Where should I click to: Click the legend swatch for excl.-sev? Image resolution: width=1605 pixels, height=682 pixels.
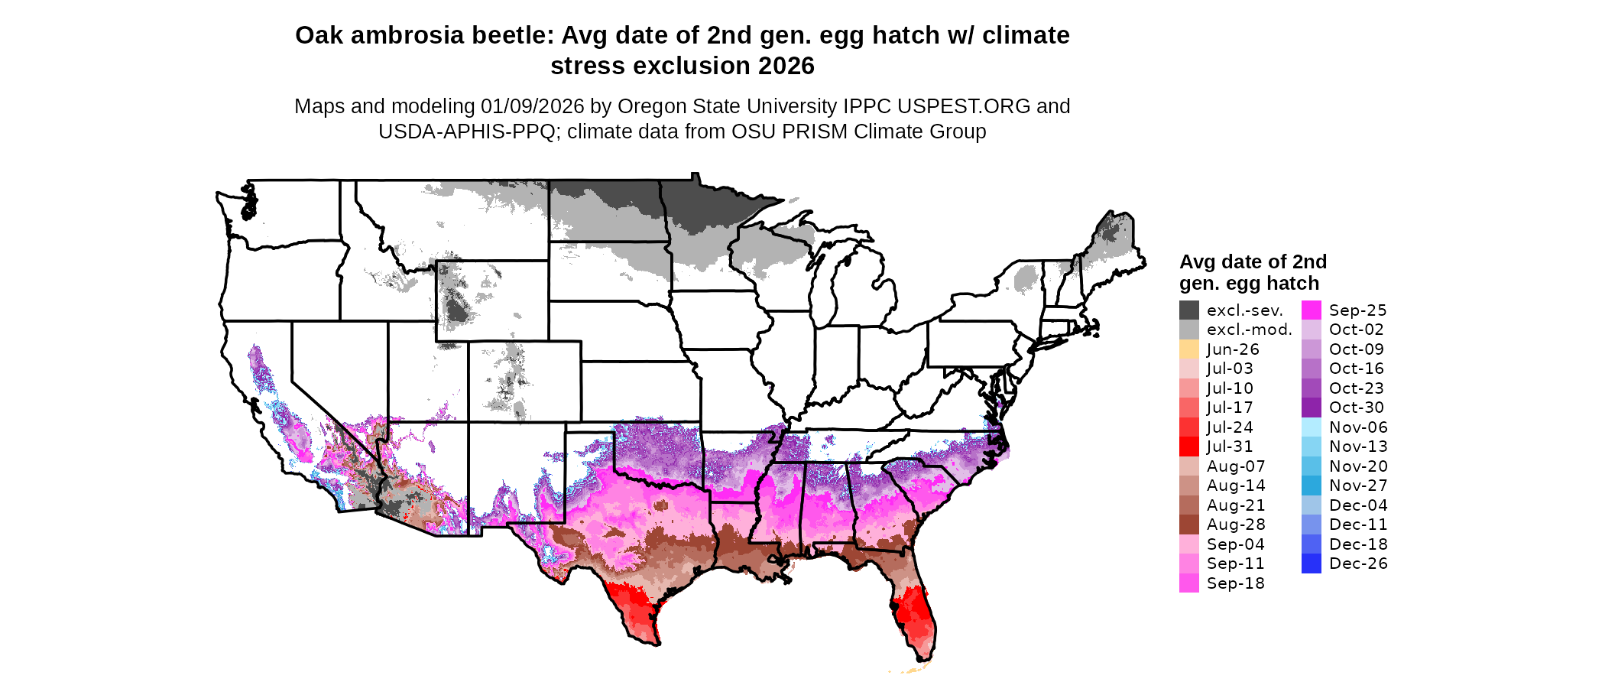1189,310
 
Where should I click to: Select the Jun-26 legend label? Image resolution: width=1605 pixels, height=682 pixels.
1233,349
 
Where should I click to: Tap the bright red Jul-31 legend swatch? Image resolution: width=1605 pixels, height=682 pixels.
1189,447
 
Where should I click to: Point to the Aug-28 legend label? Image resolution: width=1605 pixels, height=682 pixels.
1236,524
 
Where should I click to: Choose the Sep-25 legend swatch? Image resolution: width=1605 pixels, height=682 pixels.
1312,310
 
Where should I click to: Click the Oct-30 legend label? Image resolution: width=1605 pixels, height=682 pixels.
1357,408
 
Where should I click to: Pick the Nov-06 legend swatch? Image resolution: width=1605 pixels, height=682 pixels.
1312,427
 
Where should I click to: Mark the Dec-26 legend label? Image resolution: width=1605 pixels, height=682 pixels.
1358,563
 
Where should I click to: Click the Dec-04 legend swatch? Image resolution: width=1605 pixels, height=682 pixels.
1312,505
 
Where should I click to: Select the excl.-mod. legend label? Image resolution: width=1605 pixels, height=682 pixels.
1249,330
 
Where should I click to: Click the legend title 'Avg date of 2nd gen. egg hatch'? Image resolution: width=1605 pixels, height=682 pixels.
1253,272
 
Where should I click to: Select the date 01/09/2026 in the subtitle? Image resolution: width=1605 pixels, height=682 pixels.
532,106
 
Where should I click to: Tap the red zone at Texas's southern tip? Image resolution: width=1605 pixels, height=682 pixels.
638,608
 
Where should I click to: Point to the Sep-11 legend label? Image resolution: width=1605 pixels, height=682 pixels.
1235,563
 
